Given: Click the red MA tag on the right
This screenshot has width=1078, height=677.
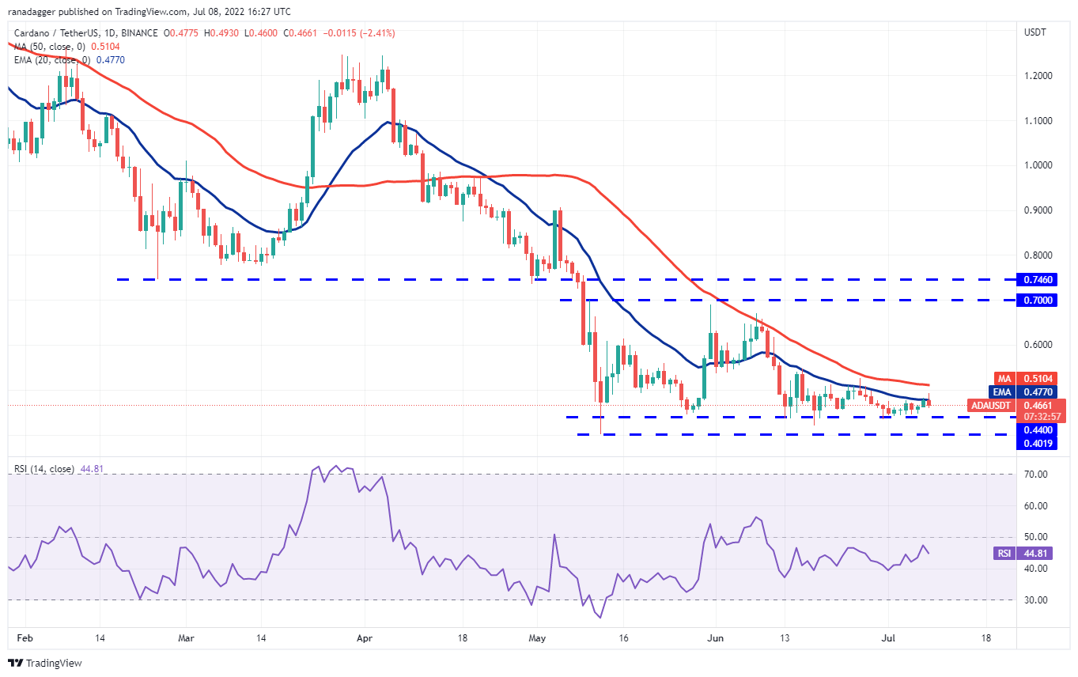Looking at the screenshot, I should tap(1003, 378).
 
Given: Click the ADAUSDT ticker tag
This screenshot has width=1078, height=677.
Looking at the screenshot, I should tap(992, 405).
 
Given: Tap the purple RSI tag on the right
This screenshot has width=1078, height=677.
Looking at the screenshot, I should tap(1003, 554).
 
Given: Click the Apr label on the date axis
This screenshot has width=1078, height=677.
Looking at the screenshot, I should tap(365, 637).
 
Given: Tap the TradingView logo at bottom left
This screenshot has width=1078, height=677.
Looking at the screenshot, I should tap(45, 663).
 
